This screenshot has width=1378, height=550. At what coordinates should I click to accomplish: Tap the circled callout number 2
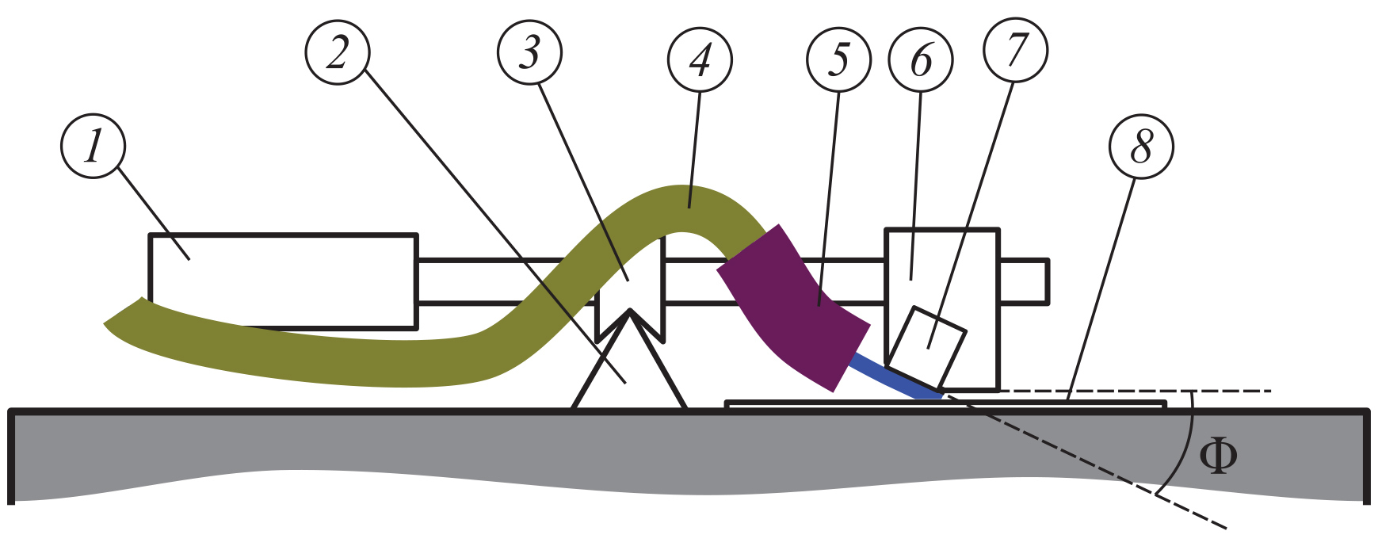pos(338,52)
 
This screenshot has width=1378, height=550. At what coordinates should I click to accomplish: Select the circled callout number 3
pos(529,52)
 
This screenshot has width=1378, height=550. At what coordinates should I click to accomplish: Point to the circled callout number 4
pos(700,59)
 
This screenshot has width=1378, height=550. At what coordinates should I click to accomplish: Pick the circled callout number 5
pos(838,59)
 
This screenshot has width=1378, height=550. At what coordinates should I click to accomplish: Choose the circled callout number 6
pos(921,59)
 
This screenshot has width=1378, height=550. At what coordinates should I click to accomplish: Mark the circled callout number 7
pos(1015,49)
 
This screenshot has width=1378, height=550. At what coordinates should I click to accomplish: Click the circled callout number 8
pos(1141,146)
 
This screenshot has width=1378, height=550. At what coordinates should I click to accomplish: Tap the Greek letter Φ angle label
pos(1217,456)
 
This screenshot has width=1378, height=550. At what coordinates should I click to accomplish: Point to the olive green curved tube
pos(317,357)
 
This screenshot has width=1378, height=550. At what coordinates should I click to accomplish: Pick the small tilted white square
pos(927,345)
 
